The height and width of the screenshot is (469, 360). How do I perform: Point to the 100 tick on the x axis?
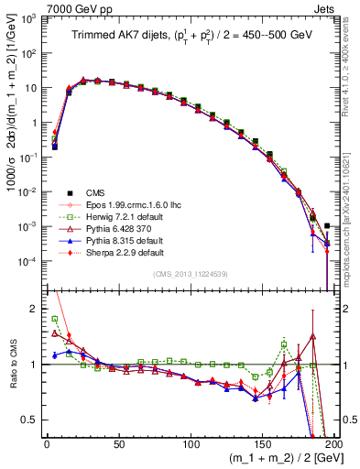191,443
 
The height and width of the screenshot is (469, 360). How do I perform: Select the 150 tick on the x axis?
263,443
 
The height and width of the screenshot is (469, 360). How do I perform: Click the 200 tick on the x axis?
334,443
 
